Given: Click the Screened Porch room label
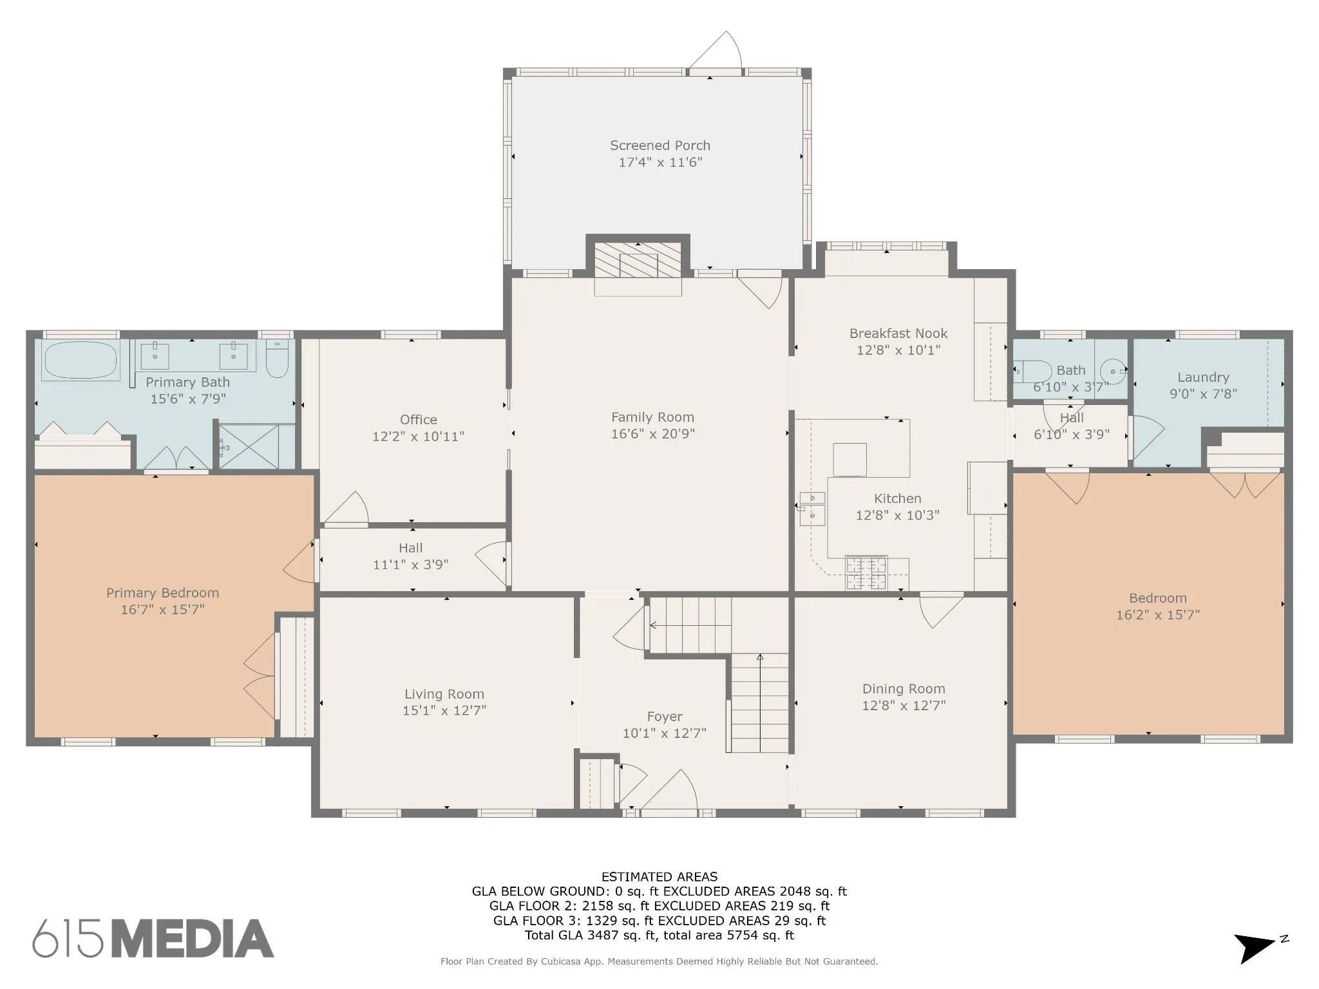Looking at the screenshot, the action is (x=660, y=146).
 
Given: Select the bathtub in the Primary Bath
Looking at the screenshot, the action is (x=81, y=360).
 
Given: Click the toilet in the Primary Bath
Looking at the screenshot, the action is (x=277, y=359).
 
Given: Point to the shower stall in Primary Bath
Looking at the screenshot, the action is (x=256, y=446).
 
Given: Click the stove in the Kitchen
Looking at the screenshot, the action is (x=866, y=573).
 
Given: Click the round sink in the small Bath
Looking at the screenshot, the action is (x=1113, y=371).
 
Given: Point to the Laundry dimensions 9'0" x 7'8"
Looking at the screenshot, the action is (x=1203, y=393).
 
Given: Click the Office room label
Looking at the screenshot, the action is (x=418, y=420).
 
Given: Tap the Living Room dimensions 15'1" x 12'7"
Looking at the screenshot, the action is (x=444, y=710).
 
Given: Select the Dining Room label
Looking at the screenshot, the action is (x=904, y=689).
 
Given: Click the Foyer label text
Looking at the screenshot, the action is (x=665, y=717).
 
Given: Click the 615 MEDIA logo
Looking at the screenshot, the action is (x=153, y=938).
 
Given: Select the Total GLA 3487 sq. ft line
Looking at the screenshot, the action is (x=659, y=936).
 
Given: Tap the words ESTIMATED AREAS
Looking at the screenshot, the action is (x=659, y=877).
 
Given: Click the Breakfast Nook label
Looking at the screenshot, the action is (x=898, y=334).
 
